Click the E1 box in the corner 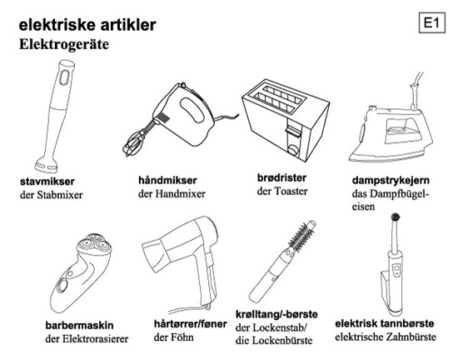tap(431, 22)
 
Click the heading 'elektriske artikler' tap(87, 25)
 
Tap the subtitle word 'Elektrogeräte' tap(64, 44)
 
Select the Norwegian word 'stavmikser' tap(47, 182)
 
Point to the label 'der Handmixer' tap(172, 193)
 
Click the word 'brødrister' tap(281, 177)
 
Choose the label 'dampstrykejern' tap(391, 181)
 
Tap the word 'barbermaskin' tap(79, 325)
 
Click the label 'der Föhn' tap(173, 337)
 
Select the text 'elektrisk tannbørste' tap(385, 323)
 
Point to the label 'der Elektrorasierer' tap(87, 339)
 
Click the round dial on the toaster tap(293, 149)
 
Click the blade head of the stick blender tap(45, 165)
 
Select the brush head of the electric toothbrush tap(396, 217)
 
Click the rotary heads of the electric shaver tap(94, 244)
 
